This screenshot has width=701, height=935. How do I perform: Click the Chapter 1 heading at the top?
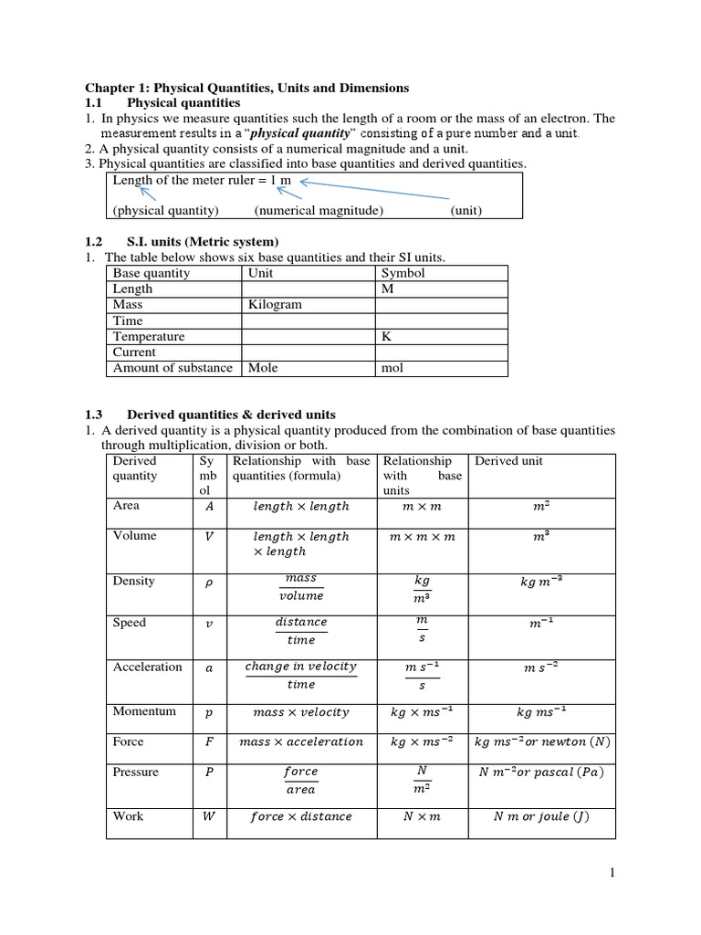246,88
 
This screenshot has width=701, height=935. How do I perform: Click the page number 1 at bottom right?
613,873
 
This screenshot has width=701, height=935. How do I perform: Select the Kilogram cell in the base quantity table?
275,305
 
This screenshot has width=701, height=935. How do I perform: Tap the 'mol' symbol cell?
392,368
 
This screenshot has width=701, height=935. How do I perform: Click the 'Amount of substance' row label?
173,368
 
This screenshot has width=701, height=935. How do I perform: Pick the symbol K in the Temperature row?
386,336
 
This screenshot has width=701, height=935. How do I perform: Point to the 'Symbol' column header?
403,273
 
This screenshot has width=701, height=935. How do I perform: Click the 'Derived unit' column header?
508,461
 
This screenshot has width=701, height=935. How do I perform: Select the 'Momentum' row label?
144,711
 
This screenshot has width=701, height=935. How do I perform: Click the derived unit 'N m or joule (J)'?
541,816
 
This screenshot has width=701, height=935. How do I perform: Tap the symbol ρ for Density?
209,582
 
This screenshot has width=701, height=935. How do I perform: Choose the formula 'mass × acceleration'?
301,742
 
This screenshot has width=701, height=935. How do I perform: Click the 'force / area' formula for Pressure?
301,781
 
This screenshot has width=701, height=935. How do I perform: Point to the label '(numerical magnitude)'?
319,210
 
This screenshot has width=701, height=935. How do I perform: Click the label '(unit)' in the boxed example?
466,210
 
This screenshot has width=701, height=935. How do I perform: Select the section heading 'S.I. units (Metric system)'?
203,241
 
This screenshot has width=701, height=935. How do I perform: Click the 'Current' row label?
134,352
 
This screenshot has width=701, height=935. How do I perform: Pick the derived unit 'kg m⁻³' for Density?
541,582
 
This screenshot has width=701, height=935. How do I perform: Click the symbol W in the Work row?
209,816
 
